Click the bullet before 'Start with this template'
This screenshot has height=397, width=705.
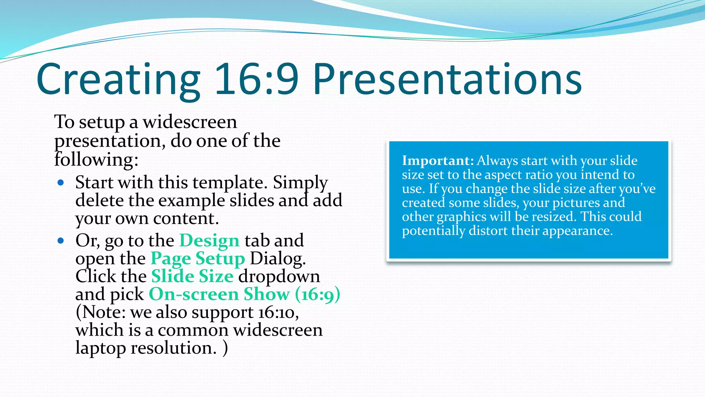pyautogui.click(x=61, y=183)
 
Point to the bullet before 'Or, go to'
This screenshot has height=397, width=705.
pyautogui.click(x=61, y=241)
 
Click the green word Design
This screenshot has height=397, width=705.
pyautogui.click(x=209, y=241)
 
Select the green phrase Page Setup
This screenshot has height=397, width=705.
pyautogui.click(x=198, y=259)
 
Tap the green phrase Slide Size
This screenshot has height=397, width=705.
pyautogui.click(x=192, y=276)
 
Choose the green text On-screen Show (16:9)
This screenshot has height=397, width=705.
pyautogui.click(x=244, y=294)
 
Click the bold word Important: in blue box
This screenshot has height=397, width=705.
pyautogui.click(x=438, y=161)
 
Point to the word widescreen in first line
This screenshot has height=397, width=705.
pyautogui.click(x=190, y=122)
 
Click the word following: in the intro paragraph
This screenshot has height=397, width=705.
pyautogui.click(x=96, y=160)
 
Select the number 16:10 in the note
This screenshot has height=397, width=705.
pyautogui.click(x=278, y=312)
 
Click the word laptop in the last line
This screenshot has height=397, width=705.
pyautogui.click(x=101, y=348)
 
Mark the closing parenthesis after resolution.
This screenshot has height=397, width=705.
pyautogui.click(x=225, y=348)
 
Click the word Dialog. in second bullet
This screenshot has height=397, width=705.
pyautogui.click(x=277, y=259)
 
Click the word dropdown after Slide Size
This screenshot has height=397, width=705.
pyautogui.click(x=279, y=276)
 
